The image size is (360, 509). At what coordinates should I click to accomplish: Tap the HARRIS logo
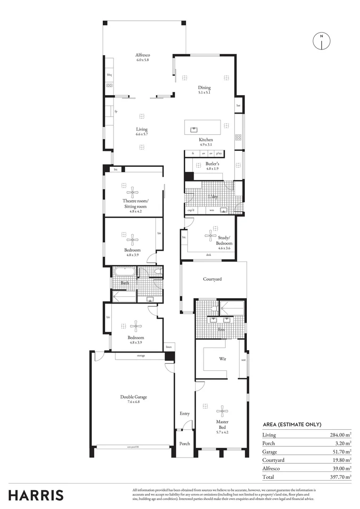(x=35, y=495)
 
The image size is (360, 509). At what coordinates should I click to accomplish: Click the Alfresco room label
(x=142, y=55)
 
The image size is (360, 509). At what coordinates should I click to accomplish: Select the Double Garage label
(x=130, y=397)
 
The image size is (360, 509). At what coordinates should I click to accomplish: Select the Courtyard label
(x=212, y=279)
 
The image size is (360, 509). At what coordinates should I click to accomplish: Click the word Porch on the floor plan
(x=185, y=443)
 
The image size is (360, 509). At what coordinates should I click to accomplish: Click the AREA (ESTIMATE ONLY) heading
(x=292, y=425)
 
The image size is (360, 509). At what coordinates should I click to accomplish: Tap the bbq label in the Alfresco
(x=109, y=75)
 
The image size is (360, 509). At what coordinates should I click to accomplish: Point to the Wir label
(x=223, y=359)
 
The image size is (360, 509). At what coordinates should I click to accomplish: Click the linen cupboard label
(x=168, y=347)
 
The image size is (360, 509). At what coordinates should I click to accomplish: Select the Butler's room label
(x=213, y=164)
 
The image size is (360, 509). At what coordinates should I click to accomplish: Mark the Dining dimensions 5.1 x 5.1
(x=204, y=92)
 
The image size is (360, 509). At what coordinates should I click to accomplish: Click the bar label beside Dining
(x=238, y=105)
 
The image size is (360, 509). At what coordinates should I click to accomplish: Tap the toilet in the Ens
(x=215, y=308)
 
